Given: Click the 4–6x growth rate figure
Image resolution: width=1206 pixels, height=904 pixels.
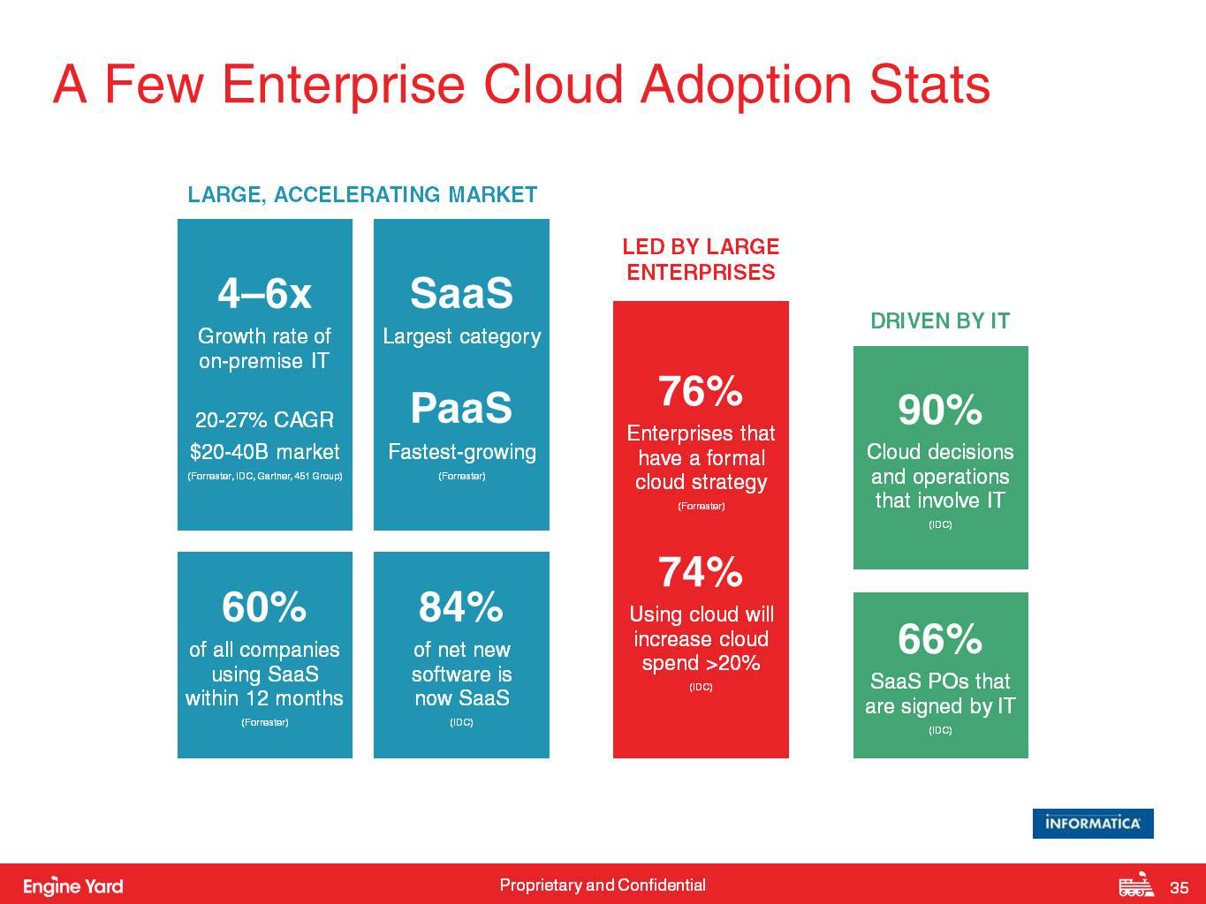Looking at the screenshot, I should (264, 293).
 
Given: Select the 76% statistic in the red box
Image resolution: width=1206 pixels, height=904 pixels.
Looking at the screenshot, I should (701, 391).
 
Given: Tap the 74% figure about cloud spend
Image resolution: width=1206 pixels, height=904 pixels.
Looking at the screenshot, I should (701, 572).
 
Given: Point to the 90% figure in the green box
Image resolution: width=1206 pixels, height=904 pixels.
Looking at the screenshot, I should (940, 410).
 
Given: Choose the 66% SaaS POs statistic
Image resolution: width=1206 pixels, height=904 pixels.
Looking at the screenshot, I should (940, 639).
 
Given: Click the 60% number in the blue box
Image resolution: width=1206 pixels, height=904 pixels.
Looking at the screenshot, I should (264, 607).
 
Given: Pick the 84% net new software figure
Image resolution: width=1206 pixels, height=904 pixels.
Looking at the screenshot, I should (461, 607).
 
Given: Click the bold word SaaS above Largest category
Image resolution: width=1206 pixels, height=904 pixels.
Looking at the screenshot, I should (461, 293).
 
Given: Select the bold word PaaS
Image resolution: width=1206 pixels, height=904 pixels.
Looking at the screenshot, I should (461, 408).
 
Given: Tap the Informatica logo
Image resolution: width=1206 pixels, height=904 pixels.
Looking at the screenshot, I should (1093, 823).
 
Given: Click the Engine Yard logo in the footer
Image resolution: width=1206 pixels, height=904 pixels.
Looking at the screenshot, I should (73, 886).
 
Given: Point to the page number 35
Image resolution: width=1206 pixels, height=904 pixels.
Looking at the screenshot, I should (1179, 887).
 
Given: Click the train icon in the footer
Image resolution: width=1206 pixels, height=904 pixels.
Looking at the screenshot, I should (1136, 885).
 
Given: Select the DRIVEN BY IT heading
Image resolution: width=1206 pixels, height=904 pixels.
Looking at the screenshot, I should (940, 321).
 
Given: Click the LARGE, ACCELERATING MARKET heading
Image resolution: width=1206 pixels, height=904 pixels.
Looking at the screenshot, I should (362, 195).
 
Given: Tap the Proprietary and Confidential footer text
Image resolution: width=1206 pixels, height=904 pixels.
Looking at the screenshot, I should (603, 885).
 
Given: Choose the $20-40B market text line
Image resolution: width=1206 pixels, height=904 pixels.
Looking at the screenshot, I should (264, 452).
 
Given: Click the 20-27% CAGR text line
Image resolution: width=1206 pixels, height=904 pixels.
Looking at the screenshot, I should (264, 419).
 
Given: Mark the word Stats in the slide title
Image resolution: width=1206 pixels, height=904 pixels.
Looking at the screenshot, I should (929, 85).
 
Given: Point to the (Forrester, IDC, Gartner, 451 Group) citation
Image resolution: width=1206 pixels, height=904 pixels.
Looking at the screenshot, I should (264, 477).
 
